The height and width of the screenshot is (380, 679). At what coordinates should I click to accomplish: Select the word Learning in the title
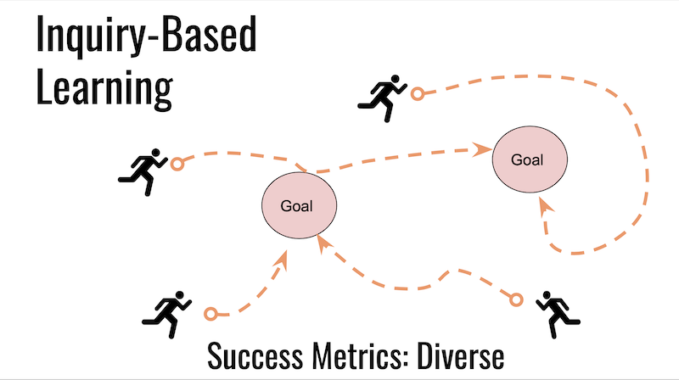104,88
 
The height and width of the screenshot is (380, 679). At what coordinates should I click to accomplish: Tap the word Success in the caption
255,355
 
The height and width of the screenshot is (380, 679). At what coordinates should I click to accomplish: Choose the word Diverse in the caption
460,355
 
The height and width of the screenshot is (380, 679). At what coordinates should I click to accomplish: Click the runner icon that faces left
558,314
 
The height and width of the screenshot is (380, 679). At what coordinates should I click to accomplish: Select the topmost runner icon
383,98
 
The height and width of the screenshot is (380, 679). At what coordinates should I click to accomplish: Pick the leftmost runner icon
143,172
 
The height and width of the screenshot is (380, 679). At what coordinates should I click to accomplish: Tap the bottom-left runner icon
166,315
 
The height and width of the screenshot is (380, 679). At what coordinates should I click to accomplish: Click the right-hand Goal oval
530,159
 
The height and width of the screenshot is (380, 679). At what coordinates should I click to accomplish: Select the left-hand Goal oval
300,205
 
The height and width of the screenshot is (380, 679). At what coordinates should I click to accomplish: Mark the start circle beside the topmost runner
418,94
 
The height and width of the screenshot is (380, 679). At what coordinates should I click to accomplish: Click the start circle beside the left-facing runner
516,299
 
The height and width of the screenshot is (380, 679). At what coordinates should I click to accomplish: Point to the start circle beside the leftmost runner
177,165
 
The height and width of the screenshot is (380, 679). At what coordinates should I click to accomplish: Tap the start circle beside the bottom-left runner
210,314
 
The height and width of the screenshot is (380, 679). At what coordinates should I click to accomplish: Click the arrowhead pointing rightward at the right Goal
481,149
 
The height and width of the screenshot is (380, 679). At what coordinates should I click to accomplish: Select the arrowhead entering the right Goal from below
545,205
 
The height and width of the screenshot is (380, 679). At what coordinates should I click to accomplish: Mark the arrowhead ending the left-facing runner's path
324,244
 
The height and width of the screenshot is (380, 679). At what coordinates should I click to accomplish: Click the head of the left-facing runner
546,295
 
